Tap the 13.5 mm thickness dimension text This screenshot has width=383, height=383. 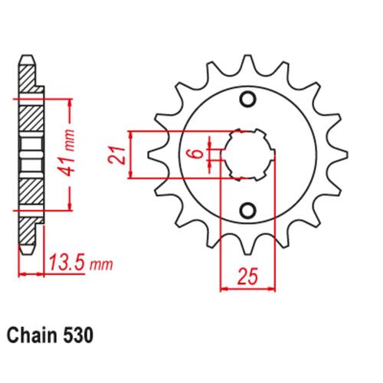pyautogui.click(x=80, y=263)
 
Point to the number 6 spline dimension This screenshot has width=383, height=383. pyautogui.click(x=198, y=155)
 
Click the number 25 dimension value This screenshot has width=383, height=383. pyautogui.click(x=247, y=277)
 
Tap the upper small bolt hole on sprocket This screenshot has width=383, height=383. pyautogui.click(x=247, y=100)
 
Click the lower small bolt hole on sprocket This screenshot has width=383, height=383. pyautogui.click(x=247, y=210)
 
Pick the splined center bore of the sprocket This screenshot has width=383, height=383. pyautogui.click(x=247, y=155)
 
